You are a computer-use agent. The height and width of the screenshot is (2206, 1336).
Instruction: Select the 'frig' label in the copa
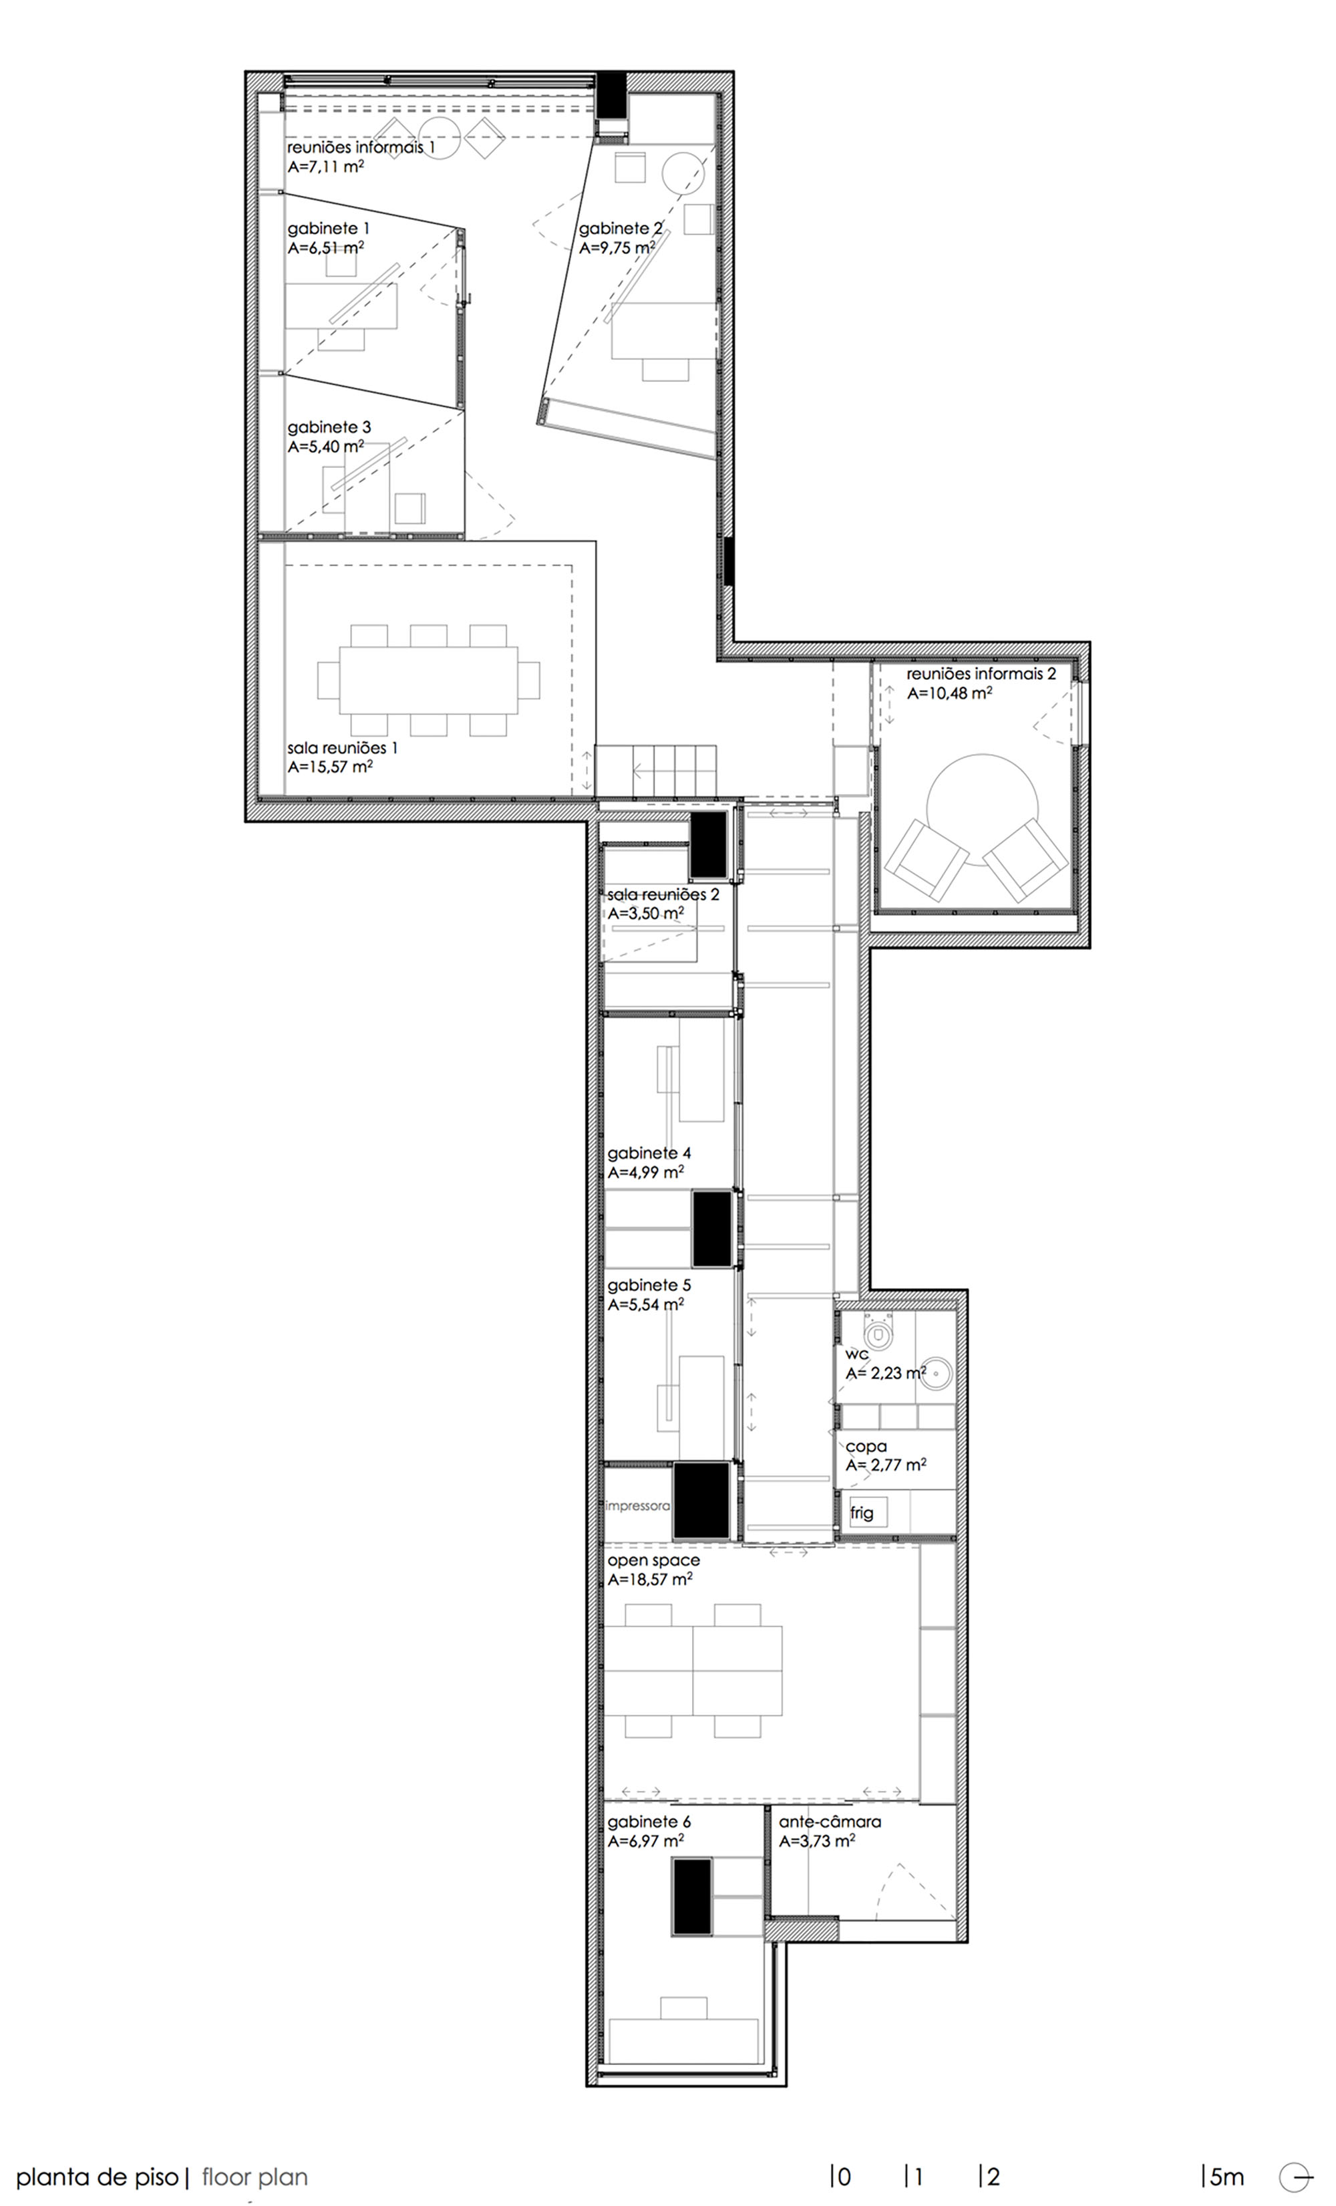(862, 1513)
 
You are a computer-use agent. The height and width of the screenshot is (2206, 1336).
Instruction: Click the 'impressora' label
(637, 1506)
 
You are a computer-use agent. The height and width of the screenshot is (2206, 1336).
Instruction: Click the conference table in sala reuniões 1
(429, 680)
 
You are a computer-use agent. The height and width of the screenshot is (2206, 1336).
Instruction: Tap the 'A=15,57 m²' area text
(330, 767)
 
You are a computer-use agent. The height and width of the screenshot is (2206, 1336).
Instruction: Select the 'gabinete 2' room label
(620, 229)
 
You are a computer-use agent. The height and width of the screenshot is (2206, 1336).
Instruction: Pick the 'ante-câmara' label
(830, 1822)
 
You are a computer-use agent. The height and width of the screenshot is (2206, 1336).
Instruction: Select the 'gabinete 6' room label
(649, 1822)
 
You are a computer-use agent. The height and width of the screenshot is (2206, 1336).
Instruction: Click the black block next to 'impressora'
(701, 1501)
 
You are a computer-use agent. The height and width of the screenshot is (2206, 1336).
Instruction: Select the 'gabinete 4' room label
(649, 1153)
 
